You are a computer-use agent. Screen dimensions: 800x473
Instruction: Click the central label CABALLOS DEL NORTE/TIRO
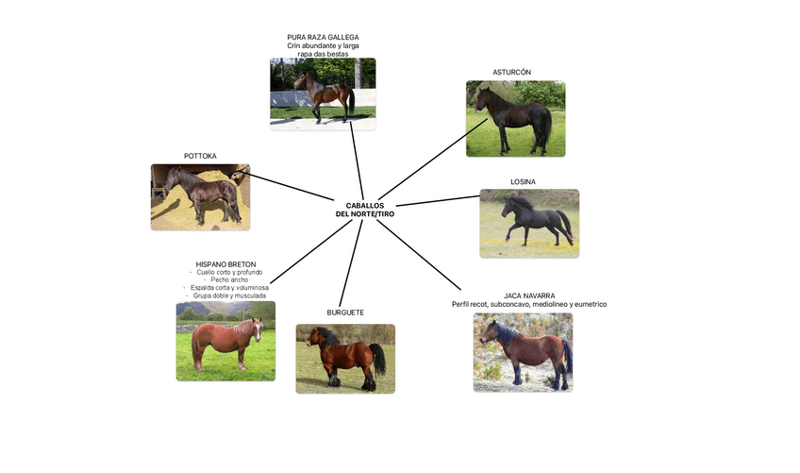pos(365,210)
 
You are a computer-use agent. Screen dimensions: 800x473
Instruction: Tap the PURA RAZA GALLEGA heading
pos(323,37)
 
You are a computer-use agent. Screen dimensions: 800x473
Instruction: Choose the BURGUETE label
pos(345,313)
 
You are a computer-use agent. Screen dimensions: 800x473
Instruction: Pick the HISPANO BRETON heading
pos(225,264)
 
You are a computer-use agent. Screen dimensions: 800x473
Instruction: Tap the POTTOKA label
pos(200,156)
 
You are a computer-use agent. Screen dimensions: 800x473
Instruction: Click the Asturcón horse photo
pos(515,118)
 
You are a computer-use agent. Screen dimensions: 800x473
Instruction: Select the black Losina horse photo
pos(529,223)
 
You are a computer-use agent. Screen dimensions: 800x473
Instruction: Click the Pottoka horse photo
pos(200,196)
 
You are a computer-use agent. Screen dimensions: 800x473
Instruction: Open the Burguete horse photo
pos(345,358)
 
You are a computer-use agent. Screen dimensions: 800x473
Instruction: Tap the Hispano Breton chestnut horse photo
pos(225,341)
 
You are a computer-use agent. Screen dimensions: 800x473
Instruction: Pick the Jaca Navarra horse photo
pos(523,352)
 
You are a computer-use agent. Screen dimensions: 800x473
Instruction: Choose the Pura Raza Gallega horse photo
pos(323,93)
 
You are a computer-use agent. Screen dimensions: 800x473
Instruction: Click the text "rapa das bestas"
pos(323,54)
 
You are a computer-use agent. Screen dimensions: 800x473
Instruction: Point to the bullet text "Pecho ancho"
pos(230,279)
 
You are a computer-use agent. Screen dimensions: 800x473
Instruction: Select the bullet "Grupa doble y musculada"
pos(229,296)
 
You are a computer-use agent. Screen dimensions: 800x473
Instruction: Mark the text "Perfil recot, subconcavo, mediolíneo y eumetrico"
pos(528,305)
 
